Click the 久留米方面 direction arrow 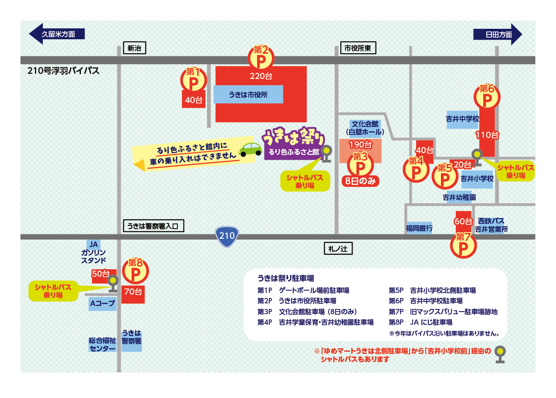pos(57,34)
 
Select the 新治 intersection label pos(134,48)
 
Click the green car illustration pos(251,150)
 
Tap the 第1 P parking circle pos(193,80)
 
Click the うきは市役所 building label pos(248,94)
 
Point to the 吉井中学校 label pos(462,119)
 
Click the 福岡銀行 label pos(419,228)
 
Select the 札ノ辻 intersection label pos(338,249)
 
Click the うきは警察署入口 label pos(154,226)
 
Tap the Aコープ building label pos(103,304)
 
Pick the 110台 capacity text pos(487,135)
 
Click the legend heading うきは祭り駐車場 pos(286,278)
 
